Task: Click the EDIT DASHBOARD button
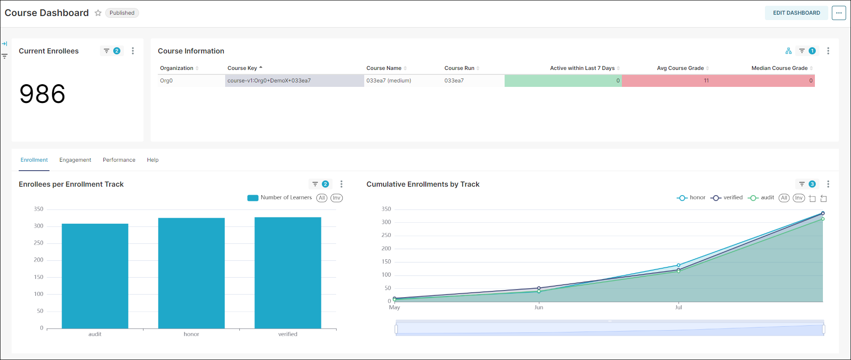[796, 13]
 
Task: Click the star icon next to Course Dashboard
[98, 13]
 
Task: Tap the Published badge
[122, 13]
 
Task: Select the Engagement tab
[75, 160]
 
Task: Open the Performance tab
[119, 160]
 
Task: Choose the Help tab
[152, 160]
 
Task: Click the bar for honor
[191, 273]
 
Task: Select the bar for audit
[95, 276]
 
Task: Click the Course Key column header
[242, 68]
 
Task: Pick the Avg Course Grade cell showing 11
[706, 81]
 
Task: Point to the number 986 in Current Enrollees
[42, 94]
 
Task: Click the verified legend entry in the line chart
[727, 198]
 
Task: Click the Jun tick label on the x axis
[539, 307]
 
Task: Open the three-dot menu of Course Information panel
[828, 51]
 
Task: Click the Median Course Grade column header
[779, 68]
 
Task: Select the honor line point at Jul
[678, 265]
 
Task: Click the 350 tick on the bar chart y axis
[39, 209]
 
